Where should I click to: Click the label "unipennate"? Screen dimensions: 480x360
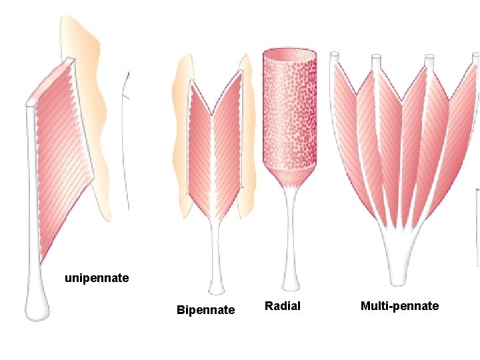[x=97, y=277]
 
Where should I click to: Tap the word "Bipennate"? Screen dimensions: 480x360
[x=205, y=309]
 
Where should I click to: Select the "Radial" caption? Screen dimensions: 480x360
[x=283, y=306]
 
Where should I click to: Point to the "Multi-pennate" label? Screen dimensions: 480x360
[x=399, y=306]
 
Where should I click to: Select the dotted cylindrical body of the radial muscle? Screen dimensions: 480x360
[x=289, y=113]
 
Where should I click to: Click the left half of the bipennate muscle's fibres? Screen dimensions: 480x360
[x=200, y=153]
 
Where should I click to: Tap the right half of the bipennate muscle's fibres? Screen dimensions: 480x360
[x=227, y=153]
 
